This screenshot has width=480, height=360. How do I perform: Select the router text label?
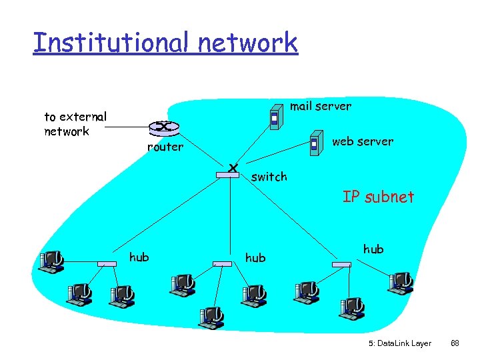[165, 147]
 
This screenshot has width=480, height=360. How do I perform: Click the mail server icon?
[274, 116]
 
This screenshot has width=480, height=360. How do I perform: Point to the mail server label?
[320, 106]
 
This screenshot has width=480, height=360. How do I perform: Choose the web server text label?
[362, 141]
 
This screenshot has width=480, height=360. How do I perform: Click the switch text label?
[269, 177]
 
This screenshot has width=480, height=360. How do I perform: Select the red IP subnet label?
[378, 197]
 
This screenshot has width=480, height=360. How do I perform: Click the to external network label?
[75, 124]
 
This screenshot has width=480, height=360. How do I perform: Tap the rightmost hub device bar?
[341, 265]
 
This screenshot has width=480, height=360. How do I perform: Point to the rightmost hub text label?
[373, 249]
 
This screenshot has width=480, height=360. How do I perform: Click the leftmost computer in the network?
[51, 261]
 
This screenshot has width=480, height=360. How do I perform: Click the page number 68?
[455, 343]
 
